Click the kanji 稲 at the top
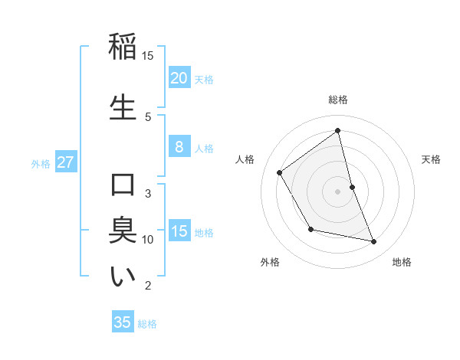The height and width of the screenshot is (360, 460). click(x=123, y=47)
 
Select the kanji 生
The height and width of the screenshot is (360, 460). click(x=123, y=106)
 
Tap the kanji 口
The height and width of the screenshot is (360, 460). click(x=123, y=185)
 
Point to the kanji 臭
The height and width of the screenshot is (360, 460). click(x=123, y=231)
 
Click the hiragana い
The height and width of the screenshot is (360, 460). click(x=123, y=277)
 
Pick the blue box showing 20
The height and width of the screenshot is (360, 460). click(x=179, y=77)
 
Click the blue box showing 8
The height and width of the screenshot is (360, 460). click(x=179, y=147)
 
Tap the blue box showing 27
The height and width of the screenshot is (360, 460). click(x=66, y=162)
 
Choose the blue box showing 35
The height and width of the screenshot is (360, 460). click(x=123, y=322)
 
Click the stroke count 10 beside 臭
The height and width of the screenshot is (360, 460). click(x=148, y=240)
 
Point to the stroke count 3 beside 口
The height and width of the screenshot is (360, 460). click(x=148, y=193)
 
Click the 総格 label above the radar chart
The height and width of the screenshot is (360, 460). click(x=337, y=100)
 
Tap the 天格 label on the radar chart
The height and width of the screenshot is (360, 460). click(x=431, y=159)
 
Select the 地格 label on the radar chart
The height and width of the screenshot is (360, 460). click(x=402, y=262)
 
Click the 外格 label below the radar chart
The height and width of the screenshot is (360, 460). click(x=270, y=262)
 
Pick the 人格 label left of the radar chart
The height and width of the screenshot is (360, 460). click(x=245, y=159)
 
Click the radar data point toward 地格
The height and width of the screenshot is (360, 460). click(x=374, y=242)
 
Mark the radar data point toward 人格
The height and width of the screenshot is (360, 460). click(x=280, y=172)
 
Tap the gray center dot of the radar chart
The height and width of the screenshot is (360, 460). click(x=337, y=191)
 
